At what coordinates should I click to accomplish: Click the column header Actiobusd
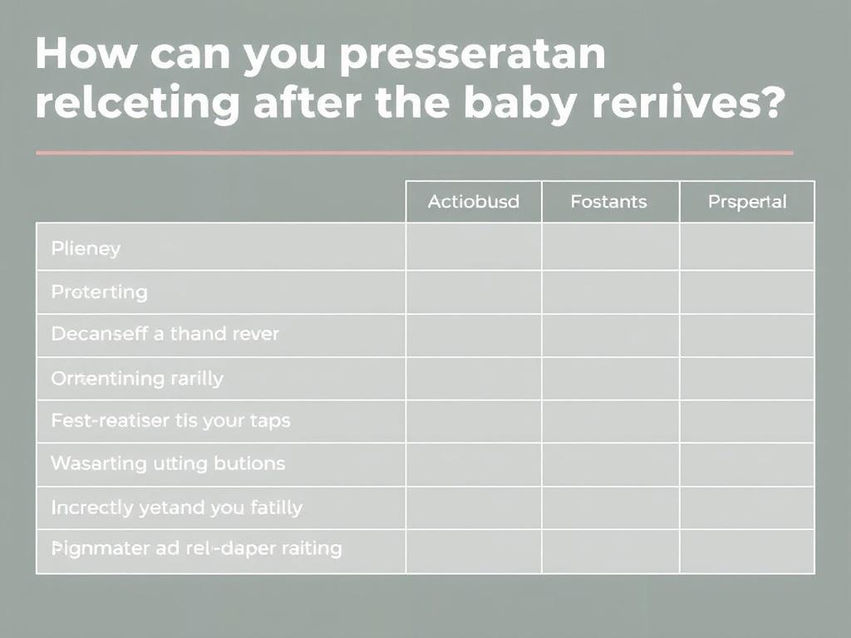pyautogui.click(x=473, y=202)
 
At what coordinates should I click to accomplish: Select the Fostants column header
pyautogui.click(x=608, y=202)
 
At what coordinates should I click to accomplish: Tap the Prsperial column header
pyautogui.click(x=746, y=202)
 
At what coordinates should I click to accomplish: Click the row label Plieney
pyautogui.click(x=86, y=248)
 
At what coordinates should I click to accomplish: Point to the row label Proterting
pyautogui.click(x=99, y=292)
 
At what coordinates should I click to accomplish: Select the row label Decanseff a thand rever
pyautogui.click(x=165, y=334)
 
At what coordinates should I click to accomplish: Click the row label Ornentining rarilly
pyautogui.click(x=137, y=379)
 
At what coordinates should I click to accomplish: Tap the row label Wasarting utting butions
pyautogui.click(x=168, y=463)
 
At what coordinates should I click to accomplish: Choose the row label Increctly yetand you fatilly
pyautogui.click(x=176, y=507)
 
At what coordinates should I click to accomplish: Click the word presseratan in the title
pyautogui.click(x=473, y=56)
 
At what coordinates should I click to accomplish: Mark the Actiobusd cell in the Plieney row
pyautogui.click(x=473, y=247)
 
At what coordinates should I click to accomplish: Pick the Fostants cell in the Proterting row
pyautogui.click(x=610, y=292)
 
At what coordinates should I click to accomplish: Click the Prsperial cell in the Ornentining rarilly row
pyautogui.click(x=746, y=379)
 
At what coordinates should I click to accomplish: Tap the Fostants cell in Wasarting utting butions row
pyautogui.click(x=610, y=464)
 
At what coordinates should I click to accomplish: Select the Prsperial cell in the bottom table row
pyautogui.click(x=746, y=552)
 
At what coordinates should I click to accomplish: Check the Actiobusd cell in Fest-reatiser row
pyautogui.click(x=473, y=421)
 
